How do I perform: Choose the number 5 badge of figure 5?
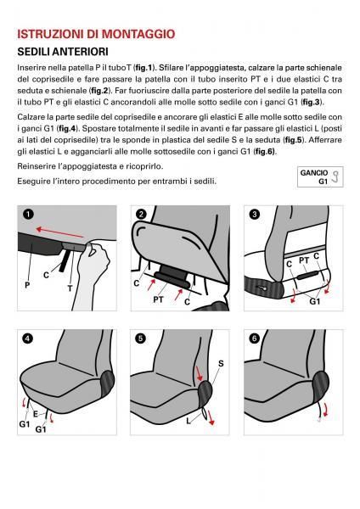click(x=141, y=337)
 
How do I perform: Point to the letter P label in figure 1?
click(x=27, y=286)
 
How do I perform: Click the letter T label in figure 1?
click(x=70, y=288)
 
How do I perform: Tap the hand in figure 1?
click(x=92, y=263)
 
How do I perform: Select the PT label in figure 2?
click(x=158, y=299)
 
